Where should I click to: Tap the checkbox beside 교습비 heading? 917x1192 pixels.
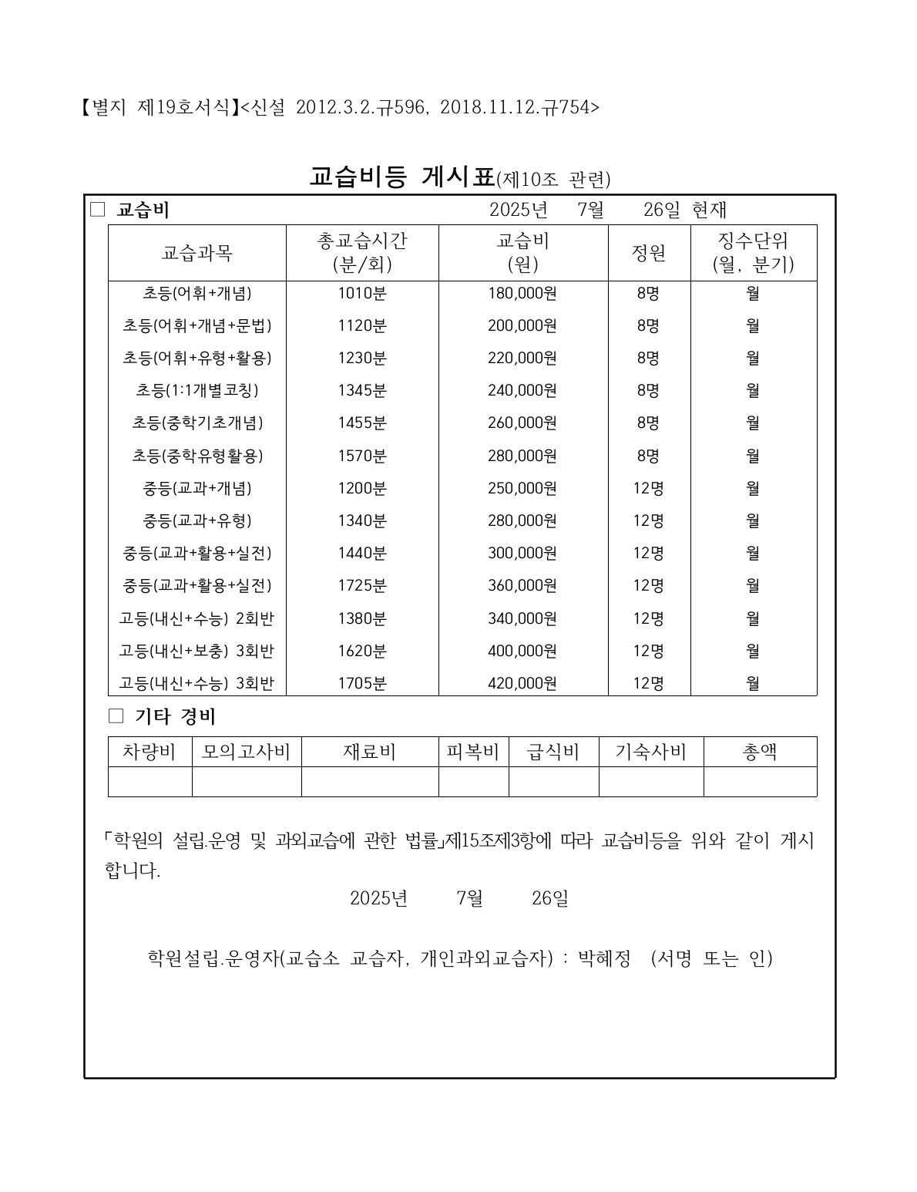pyautogui.click(x=97, y=210)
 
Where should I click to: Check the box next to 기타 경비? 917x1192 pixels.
pyautogui.click(x=116, y=716)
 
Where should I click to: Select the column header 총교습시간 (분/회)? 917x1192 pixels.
pyautogui.click(x=362, y=253)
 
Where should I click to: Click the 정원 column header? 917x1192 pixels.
pyautogui.click(x=649, y=253)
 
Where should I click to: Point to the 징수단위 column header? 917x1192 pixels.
pyautogui.click(x=753, y=253)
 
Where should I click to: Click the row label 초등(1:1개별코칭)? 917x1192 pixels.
pyautogui.click(x=197, y=390)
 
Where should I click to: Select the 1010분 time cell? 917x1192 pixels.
pyautogui.click(x=362, y=293)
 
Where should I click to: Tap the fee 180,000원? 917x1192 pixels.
pyautogui.click(x=522, y=293)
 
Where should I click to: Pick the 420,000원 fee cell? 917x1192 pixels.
pyautogui.click(x=522, y=683)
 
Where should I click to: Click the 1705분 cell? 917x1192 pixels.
pyautogui.click(x=362, y=683)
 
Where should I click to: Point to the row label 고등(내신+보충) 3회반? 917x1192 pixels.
pyautogui.click(x=197, y=651)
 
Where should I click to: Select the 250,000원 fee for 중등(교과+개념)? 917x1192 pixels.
pyautogui.click(x=522, y=488)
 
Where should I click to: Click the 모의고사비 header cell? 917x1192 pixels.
pyautogui.click(x=246, y=752)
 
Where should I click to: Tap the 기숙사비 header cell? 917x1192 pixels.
pyautogui.click(x=651, y=752)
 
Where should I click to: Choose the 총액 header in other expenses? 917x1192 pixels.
pyautogui.click(x=760, y=752)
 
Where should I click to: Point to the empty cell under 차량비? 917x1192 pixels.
pyautogui.click(x=149, y=781)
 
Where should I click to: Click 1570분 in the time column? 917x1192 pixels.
pyautogui.click(x=362, y=456)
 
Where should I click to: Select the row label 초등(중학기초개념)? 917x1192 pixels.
pyautogui.click(x=197, y=423)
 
